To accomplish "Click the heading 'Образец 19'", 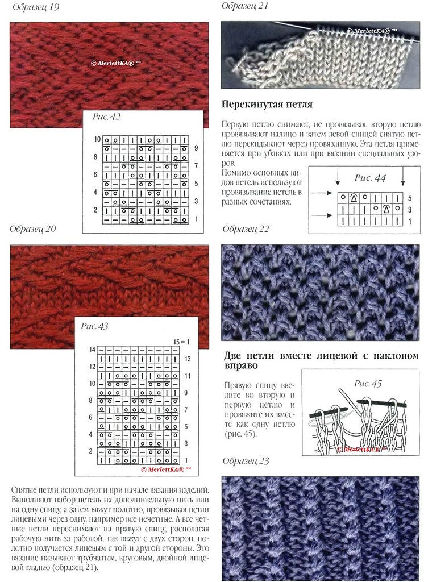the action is pyautogui.click(x=36, y=7).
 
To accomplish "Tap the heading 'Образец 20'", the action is pyautogui.click(x=33, y=229).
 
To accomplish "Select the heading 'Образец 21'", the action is pyautogui.click(x=244, y=6).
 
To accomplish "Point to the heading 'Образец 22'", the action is pyautogui.click(x=246, y=229).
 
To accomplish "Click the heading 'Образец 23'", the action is pyautogui.click(x=246, y=461).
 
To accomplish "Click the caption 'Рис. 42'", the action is pyautogui.click(x=106, y=117).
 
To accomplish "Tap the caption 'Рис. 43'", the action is pyautogui.click(x=94, y=326).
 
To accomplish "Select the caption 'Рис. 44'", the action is pyautogui.click(x=370, y=178).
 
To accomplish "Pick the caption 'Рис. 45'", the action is pyautogui.click(x=368, y=384).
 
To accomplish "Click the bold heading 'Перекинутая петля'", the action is pyautogui.click(x=267, y=105).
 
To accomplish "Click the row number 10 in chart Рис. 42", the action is pyautogui.click(x=97, y=139).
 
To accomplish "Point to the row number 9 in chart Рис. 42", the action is pyautogui.click(x=197, y=148).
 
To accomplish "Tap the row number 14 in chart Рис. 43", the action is pyautogui.click(x=93, y=350).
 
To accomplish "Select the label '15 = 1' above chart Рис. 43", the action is pyautogui.click(x=181, y=342).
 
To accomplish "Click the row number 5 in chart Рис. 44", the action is pyautogui.click(x=410, y=198).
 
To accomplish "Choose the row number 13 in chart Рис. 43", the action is pyautogui.click(x=188, y=359).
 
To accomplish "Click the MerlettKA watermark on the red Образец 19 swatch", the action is pyautogui.click(x=116, y=63).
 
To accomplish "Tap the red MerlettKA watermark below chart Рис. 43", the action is pyautogui.click(x=166, y=469).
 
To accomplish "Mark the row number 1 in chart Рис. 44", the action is pyautogui.click(x=410, y=221).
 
